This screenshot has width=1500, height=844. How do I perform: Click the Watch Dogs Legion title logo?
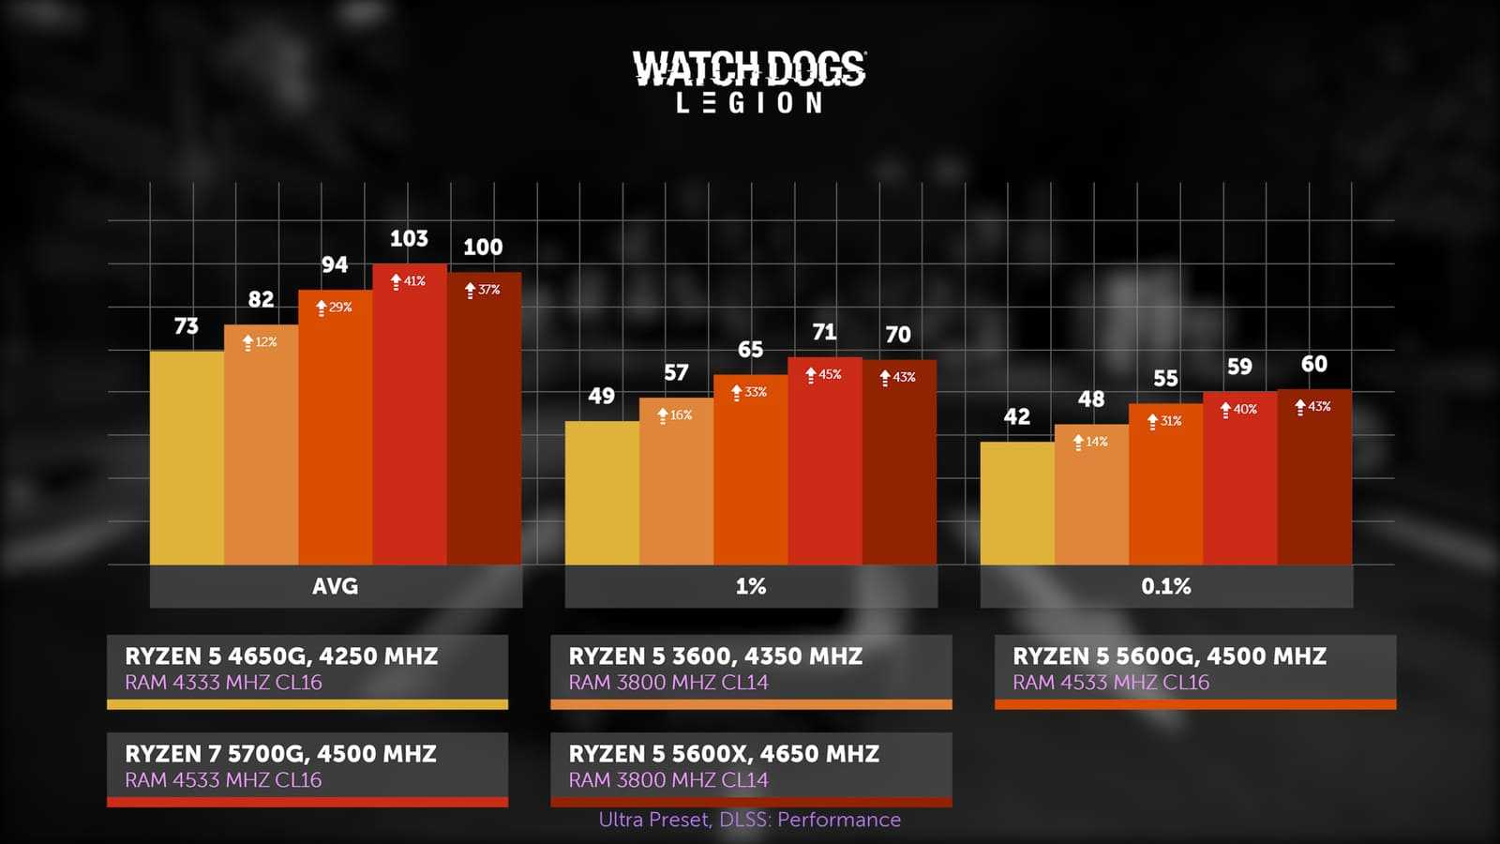749,83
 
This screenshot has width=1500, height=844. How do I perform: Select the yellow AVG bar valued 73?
187,458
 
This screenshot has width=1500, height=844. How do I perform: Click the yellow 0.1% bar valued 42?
1017,503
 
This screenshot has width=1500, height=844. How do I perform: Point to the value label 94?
335,264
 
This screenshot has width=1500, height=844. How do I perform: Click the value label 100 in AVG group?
483,248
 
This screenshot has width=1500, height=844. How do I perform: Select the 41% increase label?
409,281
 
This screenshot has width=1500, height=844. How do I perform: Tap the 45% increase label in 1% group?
824,374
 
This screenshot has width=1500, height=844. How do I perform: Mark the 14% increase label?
1091,442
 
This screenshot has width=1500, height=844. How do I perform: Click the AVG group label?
336,586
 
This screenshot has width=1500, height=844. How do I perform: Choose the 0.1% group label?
1166,586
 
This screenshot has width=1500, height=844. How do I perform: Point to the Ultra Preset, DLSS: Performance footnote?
750,820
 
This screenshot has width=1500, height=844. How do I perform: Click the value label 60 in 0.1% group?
1314,364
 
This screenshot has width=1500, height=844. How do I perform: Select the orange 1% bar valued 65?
750,469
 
